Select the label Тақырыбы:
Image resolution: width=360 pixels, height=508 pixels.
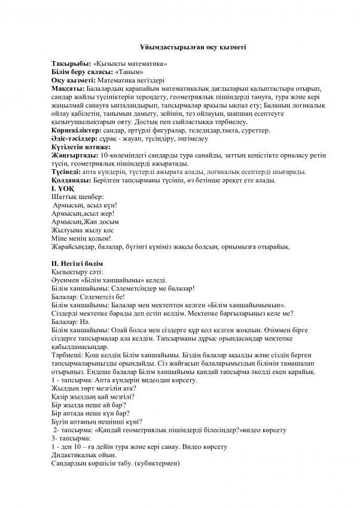(x=71, y=64)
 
